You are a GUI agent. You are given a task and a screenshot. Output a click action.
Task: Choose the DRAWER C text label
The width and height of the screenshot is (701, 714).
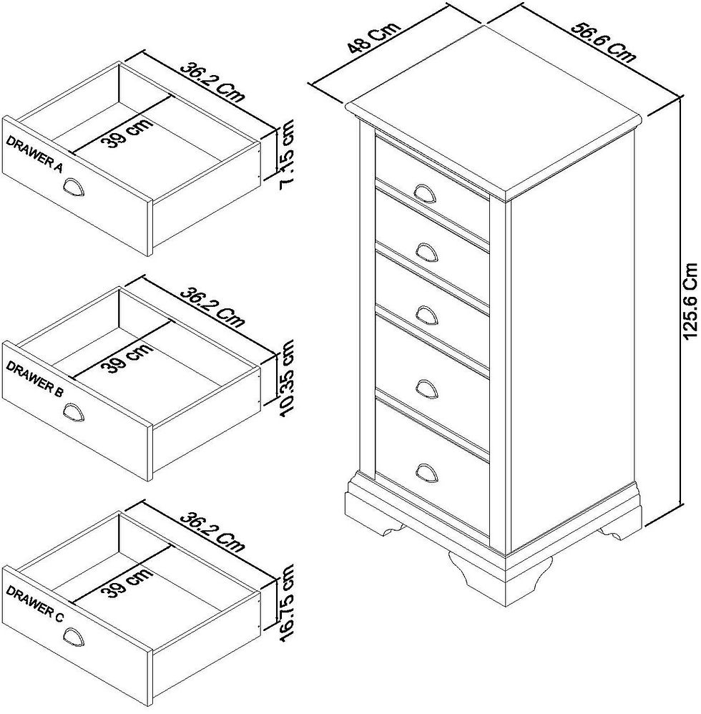click(34, 601)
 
